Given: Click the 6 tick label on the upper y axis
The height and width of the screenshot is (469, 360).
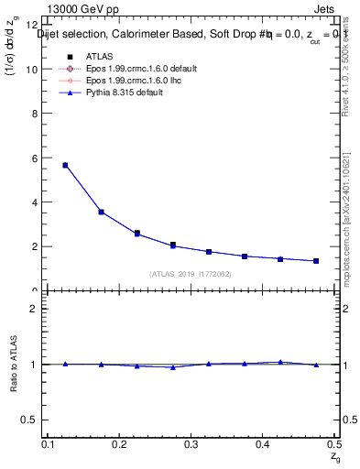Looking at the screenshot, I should pyautogui.click(x=34, y=158).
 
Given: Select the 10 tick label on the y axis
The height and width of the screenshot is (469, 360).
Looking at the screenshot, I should pyautogui.click(x=32, y=69).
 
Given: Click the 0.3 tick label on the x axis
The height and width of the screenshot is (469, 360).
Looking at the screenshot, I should pyautogui.click(x=191, y=445).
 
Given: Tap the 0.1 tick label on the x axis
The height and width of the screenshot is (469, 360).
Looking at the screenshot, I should pyautogui.click(x=50, y=445).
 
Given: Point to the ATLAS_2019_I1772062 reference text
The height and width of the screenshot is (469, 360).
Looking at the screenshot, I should pyautogui.click(x=190, y=274).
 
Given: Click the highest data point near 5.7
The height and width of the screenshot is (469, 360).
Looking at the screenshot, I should pyautogui.click(x=65, y=165).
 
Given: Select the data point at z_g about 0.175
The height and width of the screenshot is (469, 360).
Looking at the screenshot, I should pyautogui.click(x=101, y=212).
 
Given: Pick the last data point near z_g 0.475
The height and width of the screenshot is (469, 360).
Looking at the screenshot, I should pyautogui.click(x=316, y=261).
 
